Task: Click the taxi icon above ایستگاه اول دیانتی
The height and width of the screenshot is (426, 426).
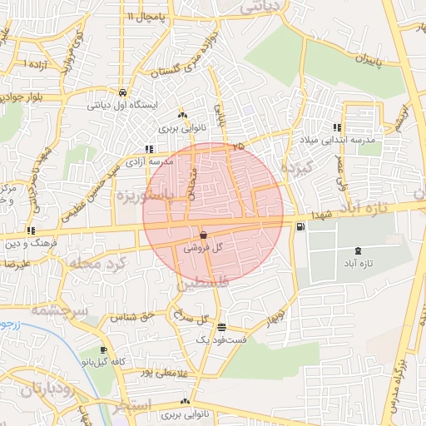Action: point(123,92)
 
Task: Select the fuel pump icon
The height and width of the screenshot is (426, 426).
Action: point(300,226)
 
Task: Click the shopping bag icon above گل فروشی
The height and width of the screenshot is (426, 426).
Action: point(204,235)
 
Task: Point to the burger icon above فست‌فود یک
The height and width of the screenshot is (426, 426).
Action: point(220,327)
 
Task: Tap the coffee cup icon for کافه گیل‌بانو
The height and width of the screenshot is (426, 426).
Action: point(103,350)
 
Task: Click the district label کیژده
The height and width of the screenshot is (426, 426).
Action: point(295,171)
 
